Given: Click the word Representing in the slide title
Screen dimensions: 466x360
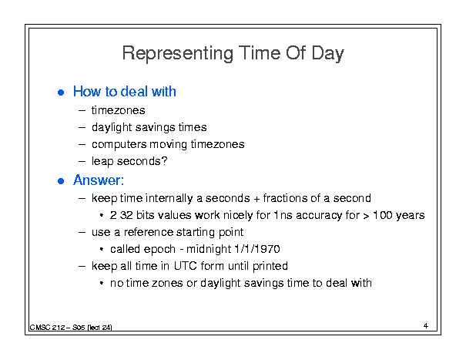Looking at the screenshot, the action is pos(178,53).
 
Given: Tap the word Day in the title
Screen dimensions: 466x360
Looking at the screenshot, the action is pos(327,54).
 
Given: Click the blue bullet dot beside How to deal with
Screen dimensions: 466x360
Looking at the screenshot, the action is pos(61,93).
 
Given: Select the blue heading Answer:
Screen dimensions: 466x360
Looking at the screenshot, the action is pos(99,180).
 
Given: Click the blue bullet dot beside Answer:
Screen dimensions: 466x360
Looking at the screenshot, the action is pos(61,181).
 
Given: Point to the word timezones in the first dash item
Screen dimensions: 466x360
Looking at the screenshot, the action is pos(119,110).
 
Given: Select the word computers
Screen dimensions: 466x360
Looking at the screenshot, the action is pos(119,145).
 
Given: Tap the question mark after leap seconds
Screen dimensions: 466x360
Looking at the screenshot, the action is pos(164,160).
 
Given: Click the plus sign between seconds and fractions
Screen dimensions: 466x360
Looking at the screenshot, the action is pos(256,199).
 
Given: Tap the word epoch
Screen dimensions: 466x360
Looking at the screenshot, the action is pos(159,249).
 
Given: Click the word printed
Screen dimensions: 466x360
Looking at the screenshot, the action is pos(270,266).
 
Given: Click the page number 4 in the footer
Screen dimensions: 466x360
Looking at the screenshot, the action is pos(426,326).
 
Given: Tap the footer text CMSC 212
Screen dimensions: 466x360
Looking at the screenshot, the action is pos(47,328).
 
